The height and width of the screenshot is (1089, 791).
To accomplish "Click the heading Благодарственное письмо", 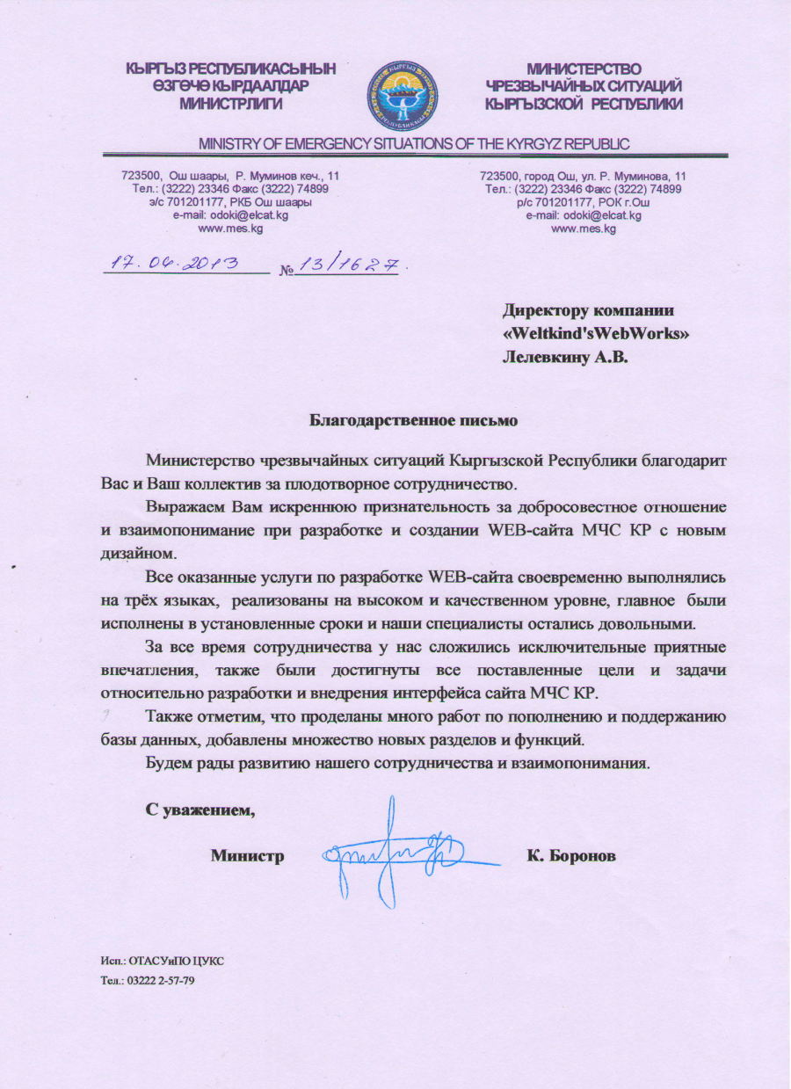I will [413, 420].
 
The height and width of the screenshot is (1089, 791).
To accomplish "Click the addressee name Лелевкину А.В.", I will [566, 357].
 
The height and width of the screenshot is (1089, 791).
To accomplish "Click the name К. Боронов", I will [571, 854].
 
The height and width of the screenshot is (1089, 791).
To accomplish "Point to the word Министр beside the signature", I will [248, 854].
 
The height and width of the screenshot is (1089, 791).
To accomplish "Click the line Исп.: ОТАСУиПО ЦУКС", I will [162, 960].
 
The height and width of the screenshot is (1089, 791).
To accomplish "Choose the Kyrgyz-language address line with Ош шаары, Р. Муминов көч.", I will [230, 176].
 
